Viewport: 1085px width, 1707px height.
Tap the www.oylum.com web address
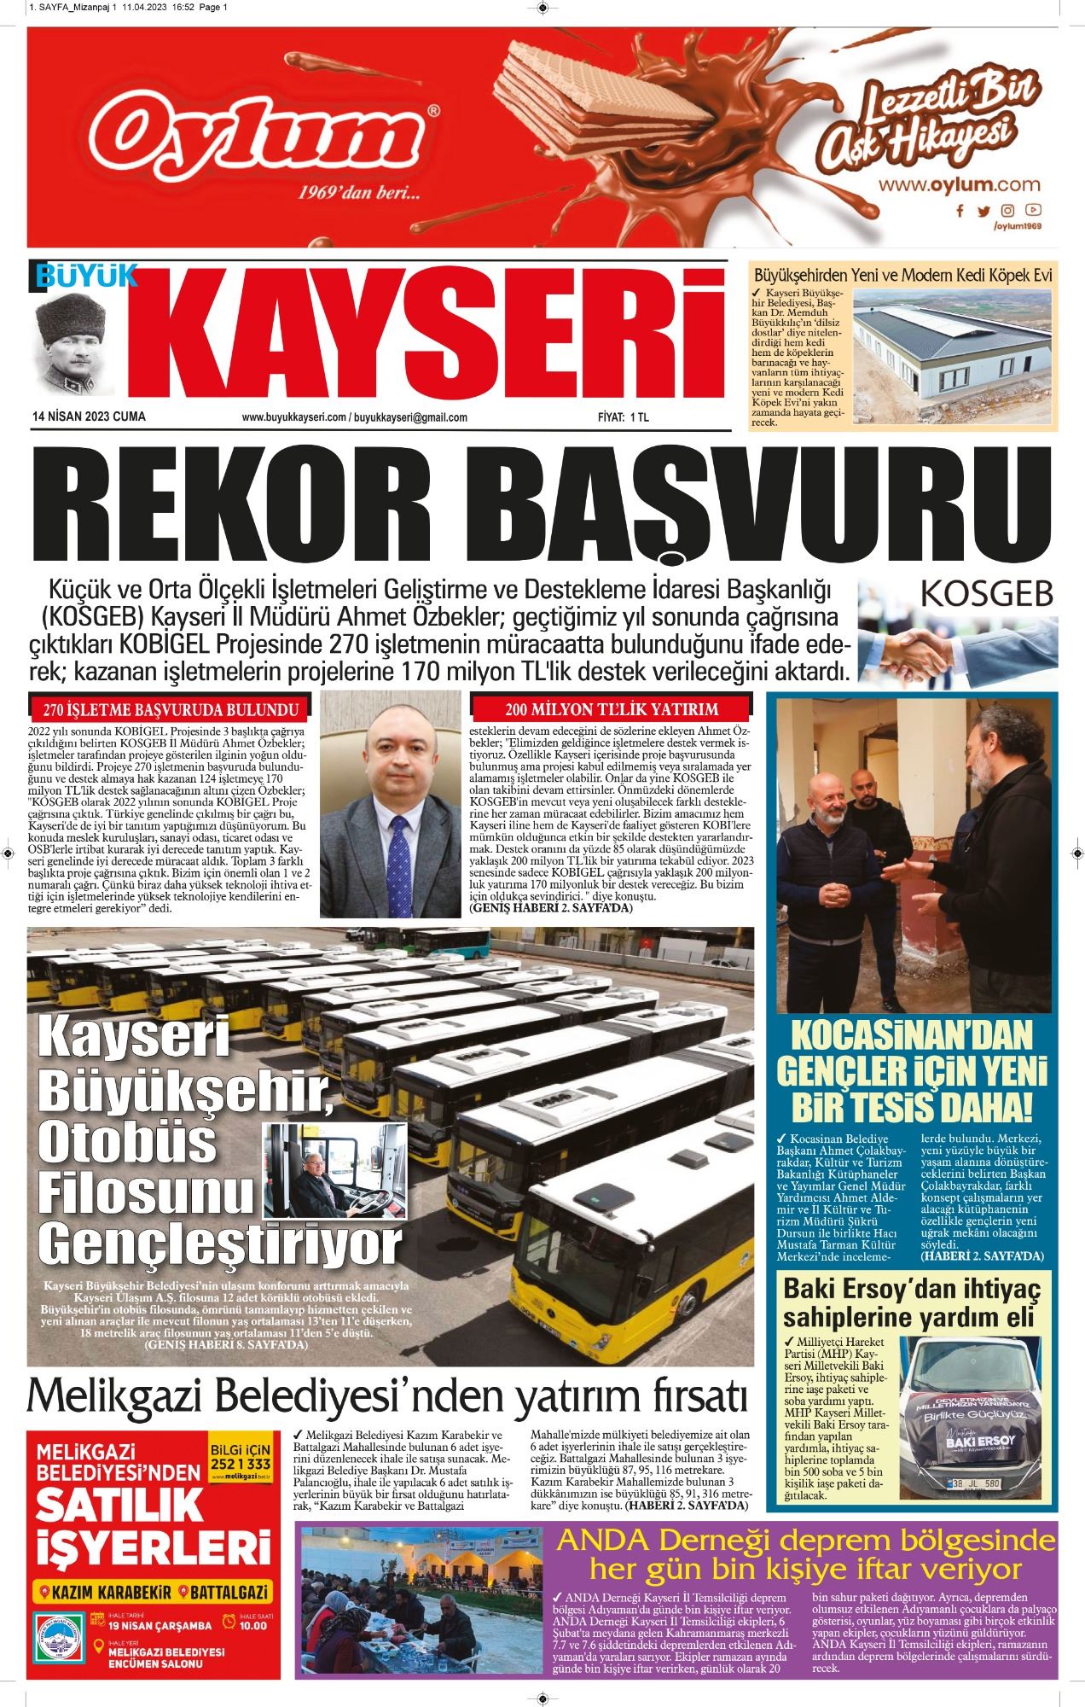tap(960, 184)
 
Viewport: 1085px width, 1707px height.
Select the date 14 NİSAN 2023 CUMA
tap(86, 417)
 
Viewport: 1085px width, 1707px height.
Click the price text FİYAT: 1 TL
tap(623, 417)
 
